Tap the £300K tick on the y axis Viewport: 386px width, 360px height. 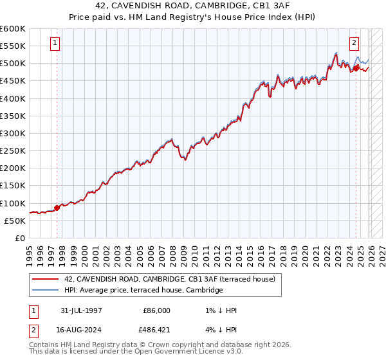tap(12, 134)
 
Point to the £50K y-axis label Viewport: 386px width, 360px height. tap(15, 221)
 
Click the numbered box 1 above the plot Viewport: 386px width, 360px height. tap(55, 44)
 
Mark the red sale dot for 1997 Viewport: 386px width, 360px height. tap(57, 208)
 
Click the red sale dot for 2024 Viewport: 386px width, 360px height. tap(356, 68)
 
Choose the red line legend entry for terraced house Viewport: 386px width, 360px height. tap(170, 279)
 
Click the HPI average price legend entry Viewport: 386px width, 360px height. tap(143, 291)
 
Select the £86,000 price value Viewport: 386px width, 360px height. tap(156, 310)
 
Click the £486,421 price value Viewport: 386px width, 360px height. tap(156, 331)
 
